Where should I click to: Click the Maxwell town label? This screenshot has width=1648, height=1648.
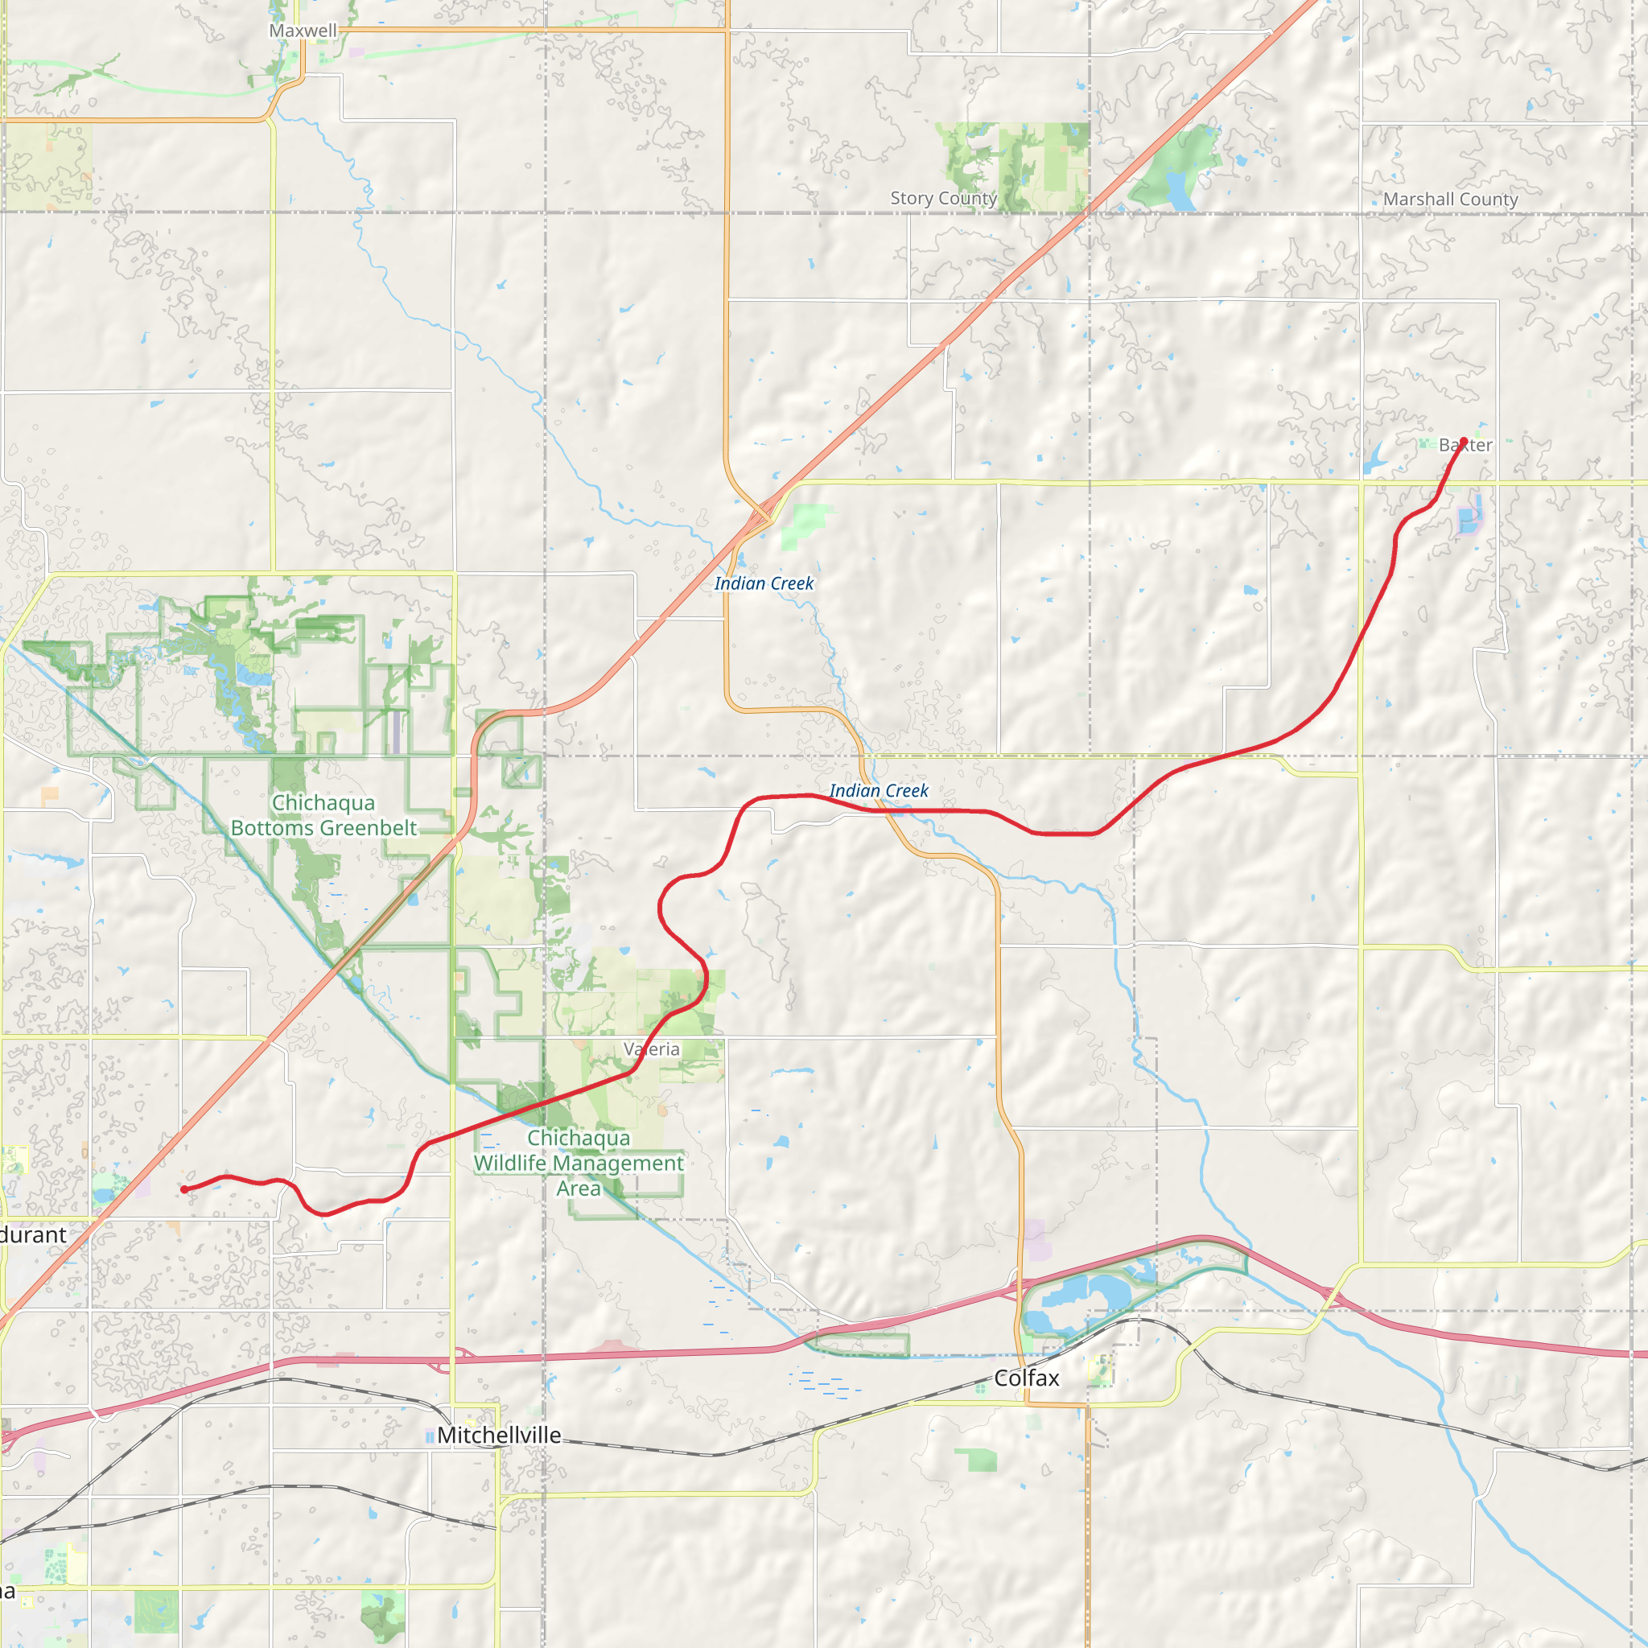pyautogui.click(x=303, y=31)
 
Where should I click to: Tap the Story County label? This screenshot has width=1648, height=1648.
pyautogui.click(x=943, y=198)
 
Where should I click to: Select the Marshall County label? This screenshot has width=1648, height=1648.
pyautogui.click(x=1450, y=199)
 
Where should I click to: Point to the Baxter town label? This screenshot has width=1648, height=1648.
pyautogui.click(x=1465, y=445)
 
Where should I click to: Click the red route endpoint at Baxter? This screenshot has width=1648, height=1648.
pyautogui.click(x=1464, y=441)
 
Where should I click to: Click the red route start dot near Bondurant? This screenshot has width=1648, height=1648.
pyautogui.click(x=184, y=1189)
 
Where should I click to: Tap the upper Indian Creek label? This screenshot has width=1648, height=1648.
pyautogui.click(x=764, y=583)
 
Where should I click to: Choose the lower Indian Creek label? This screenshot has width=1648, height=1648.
pyautogui.click(x=879, y=791)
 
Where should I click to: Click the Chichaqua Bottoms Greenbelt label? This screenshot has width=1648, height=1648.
pyautogui.click(x=323, y=815)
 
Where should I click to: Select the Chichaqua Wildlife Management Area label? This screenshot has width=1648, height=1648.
pyautogui.click(x=579, y=1163)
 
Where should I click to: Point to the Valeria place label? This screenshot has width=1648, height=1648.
pyautogui.click(x=652, y=1049)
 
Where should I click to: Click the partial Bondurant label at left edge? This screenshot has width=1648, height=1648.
pyautogui.click(x=32, y=1234)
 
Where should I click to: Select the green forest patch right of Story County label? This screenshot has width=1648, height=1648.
pyautogui.click(x=1015, y=162)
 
